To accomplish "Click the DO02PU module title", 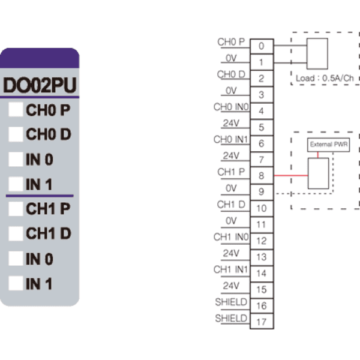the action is (x=40, y=85).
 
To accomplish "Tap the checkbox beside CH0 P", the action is (x=16, y=110).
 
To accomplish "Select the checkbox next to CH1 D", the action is (x=16, y=233).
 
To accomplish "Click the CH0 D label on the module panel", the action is (x=49, y=134).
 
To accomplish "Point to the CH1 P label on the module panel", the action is (x=48, y=209).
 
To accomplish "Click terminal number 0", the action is (x=262, y=46).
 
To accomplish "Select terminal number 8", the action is (x=262, y=176).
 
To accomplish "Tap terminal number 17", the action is (x=262, y=322).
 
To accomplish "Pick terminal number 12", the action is (x=262, y=241).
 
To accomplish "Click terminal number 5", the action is (x=262, y=127).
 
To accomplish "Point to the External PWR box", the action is (x=329, y=145).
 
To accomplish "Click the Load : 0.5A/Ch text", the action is (x=325, y=78).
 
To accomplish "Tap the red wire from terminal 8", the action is (x=291, y=176).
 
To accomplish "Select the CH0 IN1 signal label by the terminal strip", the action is (x=231, y=139).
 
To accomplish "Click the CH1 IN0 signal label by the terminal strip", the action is (x=231, y=237).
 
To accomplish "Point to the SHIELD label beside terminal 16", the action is (x=231, y=302).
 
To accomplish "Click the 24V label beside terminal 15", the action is (x=231, y=286).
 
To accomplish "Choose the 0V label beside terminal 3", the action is (x=231, y=91).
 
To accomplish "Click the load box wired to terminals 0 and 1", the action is (x=317, y=54).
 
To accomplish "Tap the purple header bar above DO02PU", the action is (x=40, y=58).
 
